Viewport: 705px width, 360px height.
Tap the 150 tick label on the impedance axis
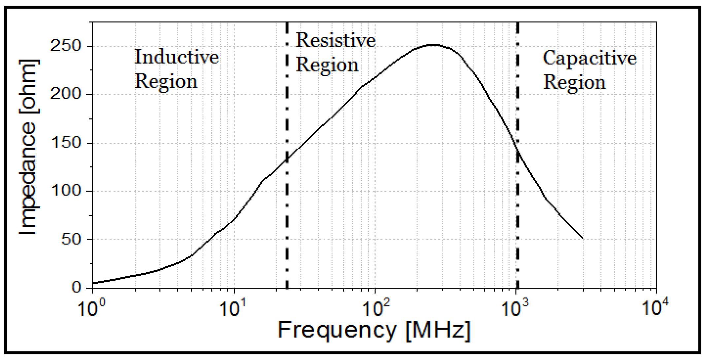tap(66, 143)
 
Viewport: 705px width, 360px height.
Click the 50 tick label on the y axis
tap(72, 239)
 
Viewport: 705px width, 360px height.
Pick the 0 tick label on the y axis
tap(76, 287)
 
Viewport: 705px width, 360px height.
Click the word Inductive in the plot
tap(177, 57)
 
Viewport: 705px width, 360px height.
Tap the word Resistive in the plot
tap(335, 40)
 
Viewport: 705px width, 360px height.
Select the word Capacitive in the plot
tap(589, 58)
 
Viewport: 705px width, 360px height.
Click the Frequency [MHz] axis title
tap(374, 330)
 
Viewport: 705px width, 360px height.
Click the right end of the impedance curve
tap(583, 238)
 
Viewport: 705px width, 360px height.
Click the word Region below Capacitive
tap(574, 83)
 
